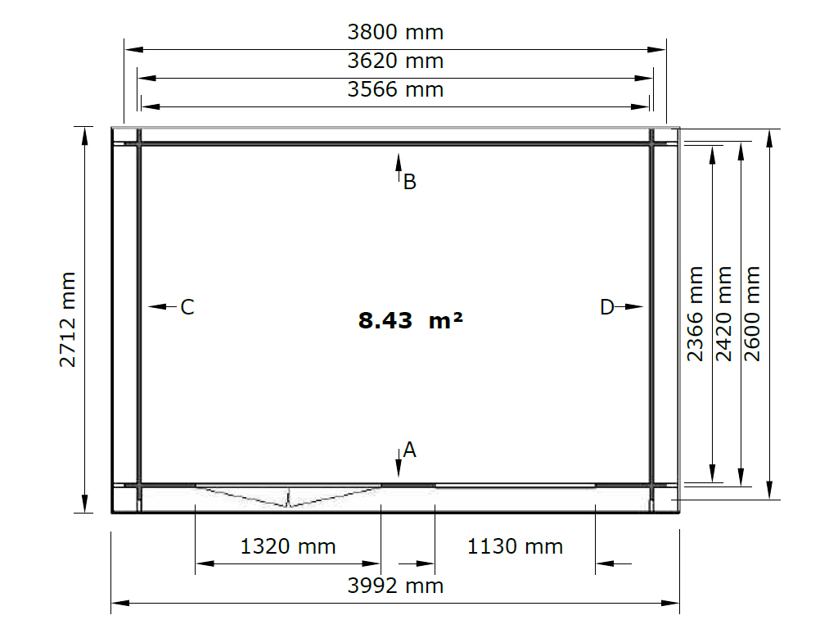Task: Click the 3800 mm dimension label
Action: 395,32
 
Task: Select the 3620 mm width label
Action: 395,61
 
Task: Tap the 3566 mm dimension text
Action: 395,89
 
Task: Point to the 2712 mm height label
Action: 67,320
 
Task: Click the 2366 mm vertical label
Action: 695,314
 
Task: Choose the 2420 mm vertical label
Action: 723,314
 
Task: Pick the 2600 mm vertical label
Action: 752,314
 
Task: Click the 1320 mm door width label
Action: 288,546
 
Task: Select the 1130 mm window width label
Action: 516,546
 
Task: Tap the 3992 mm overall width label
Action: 395,586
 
